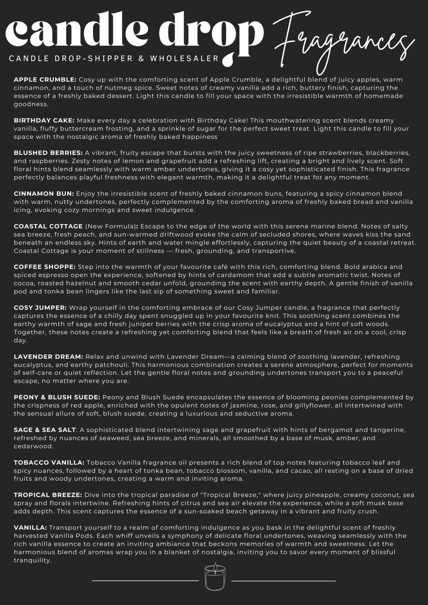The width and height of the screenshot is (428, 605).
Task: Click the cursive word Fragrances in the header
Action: click(344, 42)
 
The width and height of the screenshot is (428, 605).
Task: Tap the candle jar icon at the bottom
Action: click(215, 577)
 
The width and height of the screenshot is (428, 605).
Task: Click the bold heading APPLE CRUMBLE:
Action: click(45, 80)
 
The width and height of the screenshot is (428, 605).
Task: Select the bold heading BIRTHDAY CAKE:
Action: click(44, 120)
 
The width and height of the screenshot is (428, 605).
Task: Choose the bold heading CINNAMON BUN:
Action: click(44, 194)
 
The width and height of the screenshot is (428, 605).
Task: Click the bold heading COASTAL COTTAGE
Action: click(48, 226)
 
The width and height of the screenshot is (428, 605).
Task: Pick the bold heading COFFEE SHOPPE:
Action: click(45, 267)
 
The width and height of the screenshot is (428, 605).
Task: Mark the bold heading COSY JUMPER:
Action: click(40, 308)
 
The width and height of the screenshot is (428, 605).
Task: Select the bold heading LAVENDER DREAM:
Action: click(48, 357)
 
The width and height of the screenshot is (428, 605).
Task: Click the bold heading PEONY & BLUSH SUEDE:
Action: click(57, 397)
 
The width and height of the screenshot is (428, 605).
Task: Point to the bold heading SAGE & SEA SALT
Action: click(45, 430)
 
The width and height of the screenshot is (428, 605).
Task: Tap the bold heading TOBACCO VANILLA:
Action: click(49, 463)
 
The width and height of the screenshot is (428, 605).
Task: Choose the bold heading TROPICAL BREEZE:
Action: click(48, 495)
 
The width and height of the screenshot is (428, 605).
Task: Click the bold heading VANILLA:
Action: click(30, 528)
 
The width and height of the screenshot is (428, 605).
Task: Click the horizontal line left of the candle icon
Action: click(145, 581)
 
